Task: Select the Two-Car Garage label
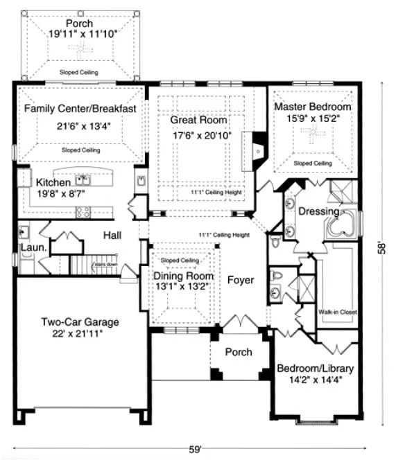point(80,322)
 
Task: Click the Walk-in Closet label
point(338,312)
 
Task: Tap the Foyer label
point(240,281)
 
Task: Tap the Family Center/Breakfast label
point(80,109)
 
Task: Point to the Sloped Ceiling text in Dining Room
point(180,260)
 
